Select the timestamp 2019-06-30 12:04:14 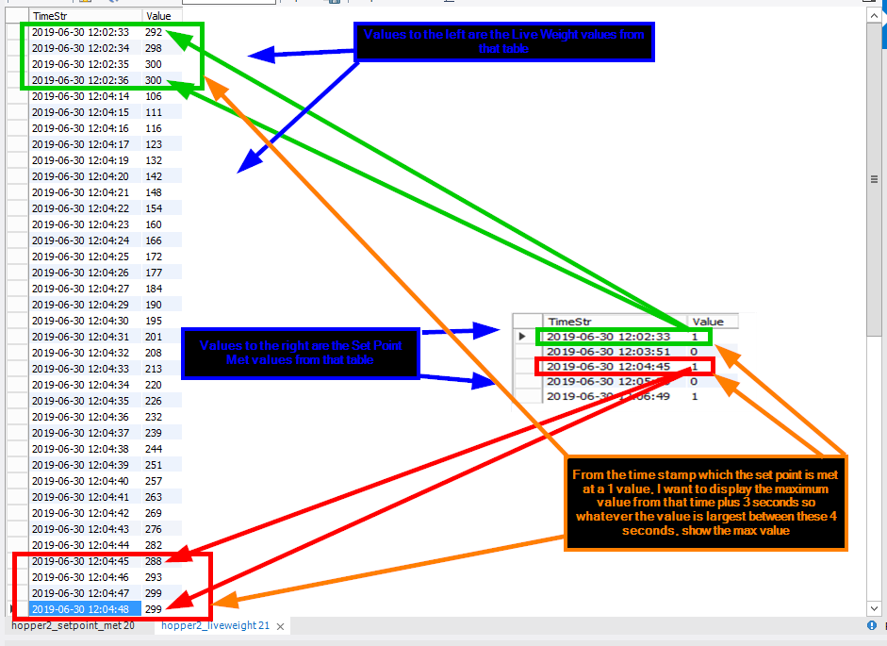pyautogui.click(x=80, y=96)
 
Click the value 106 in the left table pyautogui.click(x=154, y=96)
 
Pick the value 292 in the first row pyautogui.click(x=154, y=32)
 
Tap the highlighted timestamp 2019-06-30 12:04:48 pyautogui.click(x=80, y=609)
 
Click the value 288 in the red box pyautogui.click(x=154, y=561)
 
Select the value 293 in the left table pyautogui.click(x=154, y=577)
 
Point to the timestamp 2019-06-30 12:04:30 pyautogui.click(x=80, y=321)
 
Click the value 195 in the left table pyautogui.click(x=154, y=321)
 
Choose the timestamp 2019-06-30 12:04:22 pyautogui.click(x=80, y=208)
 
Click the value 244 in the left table pyautogui.click(x=154, y=449)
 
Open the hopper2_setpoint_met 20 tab pyautogui.click(x=73, y=625)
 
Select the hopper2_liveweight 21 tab pyautogui.click(x=215, y=625)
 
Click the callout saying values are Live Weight pyautogui.click(x=504, y=42)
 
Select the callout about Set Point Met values pyautogui.click(x=300, y=353)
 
